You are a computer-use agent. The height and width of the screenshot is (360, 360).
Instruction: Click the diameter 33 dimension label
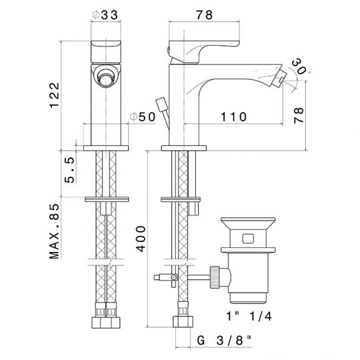click(x=105, y=15)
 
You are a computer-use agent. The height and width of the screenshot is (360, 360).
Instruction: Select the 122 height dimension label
click(x=55, y=95)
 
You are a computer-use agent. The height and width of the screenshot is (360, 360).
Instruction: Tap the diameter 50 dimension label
click(x=143, y=117)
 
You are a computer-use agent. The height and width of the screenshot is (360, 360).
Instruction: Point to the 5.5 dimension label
click(x=70, y=170)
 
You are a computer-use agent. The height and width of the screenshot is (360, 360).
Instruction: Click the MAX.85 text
click(x=55, y=231)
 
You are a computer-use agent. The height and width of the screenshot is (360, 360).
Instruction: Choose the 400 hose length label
click(x=141, y=239)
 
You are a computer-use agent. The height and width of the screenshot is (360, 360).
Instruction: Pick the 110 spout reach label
click(x=233, y=117)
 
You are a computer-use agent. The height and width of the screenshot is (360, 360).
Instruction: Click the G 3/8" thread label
click(x=224, y=340)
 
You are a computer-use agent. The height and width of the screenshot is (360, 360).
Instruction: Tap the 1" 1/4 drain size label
click(x=249, y=316)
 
